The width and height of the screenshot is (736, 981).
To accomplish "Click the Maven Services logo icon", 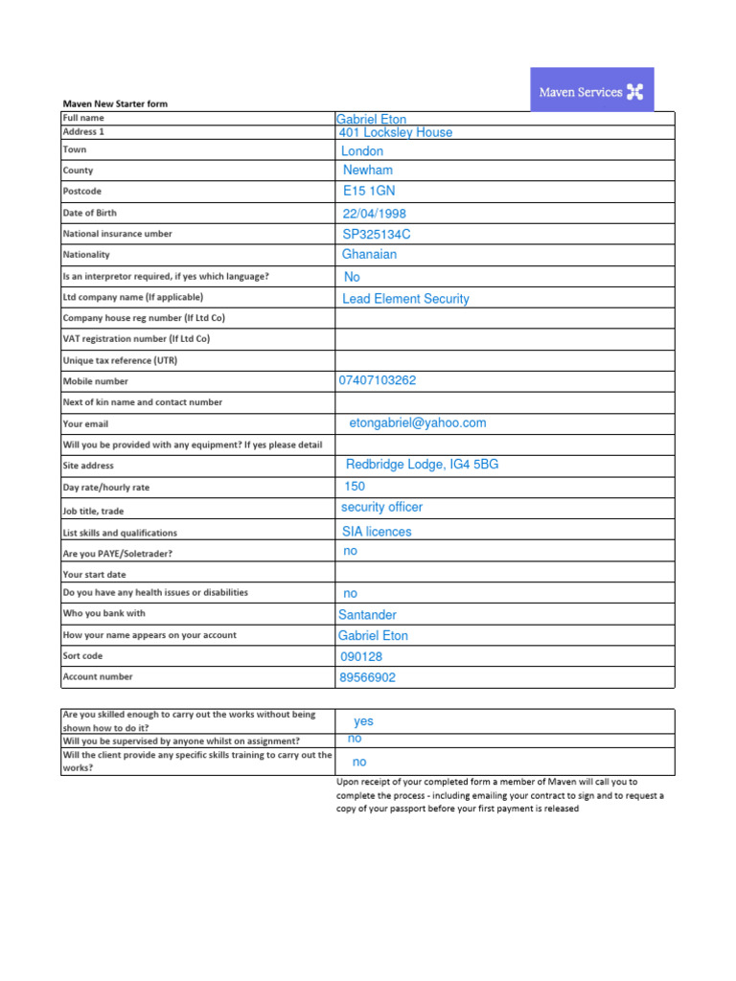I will [635, 93].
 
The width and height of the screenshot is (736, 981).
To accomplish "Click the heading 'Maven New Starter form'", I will [116, 103].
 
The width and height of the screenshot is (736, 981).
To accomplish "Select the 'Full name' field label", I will [84, 118].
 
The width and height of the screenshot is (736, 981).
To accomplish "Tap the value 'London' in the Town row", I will [362, 151].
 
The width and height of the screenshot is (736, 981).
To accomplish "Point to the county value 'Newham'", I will [368, 171].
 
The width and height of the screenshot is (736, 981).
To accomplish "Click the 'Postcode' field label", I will [81, 192].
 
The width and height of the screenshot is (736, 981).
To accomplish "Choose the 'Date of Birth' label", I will [89, 213].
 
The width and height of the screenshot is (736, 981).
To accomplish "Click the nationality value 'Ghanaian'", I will [369, 255].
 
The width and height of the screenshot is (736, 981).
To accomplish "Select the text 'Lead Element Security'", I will [405, 299].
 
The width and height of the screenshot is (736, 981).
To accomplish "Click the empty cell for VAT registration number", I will [504, 339].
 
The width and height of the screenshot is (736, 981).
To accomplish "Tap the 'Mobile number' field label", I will [96, 381].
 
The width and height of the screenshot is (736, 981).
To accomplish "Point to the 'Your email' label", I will [85, 423].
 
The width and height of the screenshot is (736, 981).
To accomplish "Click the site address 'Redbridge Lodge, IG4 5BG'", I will [422, 465].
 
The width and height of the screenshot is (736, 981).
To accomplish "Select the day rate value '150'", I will [355, 487].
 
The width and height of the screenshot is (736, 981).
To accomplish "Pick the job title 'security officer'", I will [381, 507].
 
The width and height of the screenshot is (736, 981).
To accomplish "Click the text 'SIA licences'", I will [377, 532].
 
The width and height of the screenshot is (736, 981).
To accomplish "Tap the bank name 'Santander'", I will [367, 615].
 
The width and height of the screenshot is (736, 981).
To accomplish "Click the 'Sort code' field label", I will [82, 656].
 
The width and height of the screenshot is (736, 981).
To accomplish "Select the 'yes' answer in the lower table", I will [363, 721].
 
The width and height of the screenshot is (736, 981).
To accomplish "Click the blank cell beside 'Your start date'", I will [504, 573].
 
